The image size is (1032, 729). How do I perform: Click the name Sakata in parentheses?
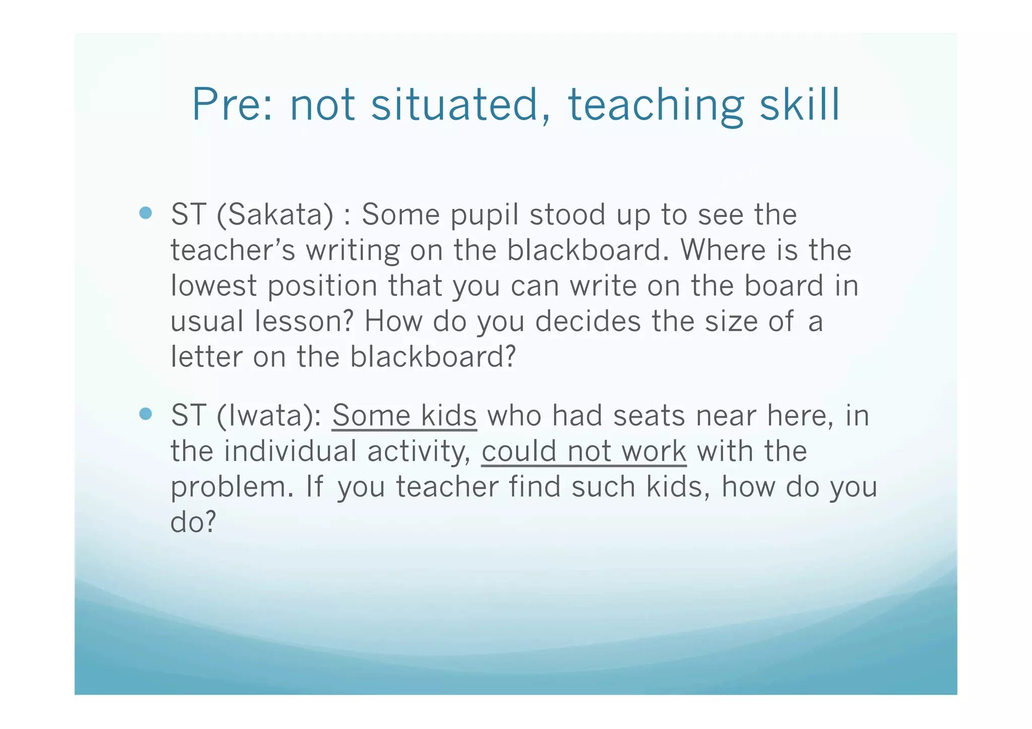click(x=275, y=214)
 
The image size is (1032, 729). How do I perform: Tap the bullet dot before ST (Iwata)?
click(x=146, y=414)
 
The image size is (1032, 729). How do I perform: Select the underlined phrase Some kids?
click(x=404, y=416)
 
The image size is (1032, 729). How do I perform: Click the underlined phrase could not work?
click(x=584, y=451)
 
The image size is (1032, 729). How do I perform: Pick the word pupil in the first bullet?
click(x=484, y=215)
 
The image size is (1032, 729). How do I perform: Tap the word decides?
click(x=588, y=321)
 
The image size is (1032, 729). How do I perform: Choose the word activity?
click(x=418, y=452)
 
